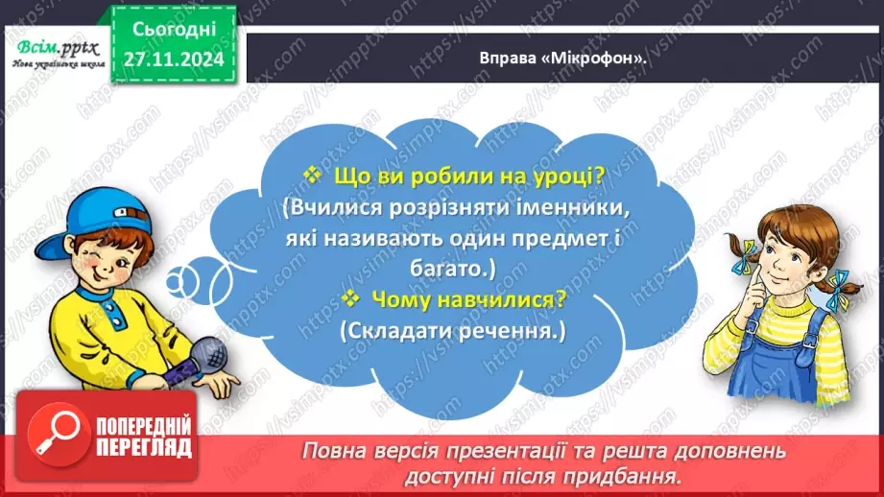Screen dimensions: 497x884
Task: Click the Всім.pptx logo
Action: coord(53,42)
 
